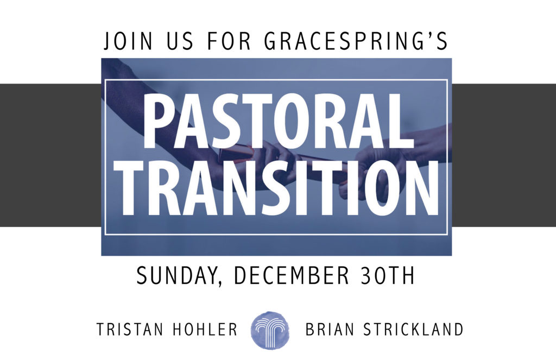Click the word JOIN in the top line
(x=128, y=41)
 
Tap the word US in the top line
(x=180, y=41)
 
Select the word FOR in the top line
(x=229, y=41)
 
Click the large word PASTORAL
(x=279, y=121)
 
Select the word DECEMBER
(x=292, y=276)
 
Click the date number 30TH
(x=387, y=276)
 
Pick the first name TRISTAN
(x=129, y=330)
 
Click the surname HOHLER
(x=205, y=330)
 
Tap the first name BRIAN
(x=330, y=330)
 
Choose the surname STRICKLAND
(x=413, y=330)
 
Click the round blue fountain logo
(x=270, y=330)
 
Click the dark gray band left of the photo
(x=50, y=155)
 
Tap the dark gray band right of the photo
(x=504, y=155)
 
